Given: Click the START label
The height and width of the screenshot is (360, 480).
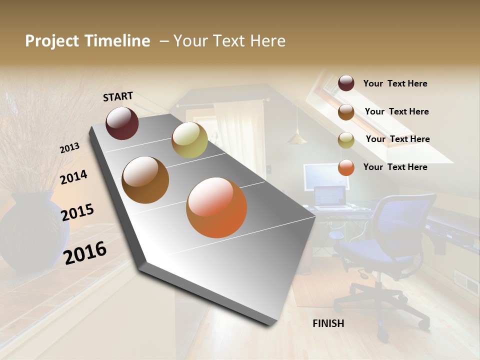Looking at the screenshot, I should point(118,96).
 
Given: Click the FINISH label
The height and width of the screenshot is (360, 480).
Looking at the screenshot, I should point(328,323).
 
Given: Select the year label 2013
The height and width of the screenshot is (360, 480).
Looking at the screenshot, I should point(69,148).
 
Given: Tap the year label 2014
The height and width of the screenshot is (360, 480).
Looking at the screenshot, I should point(73,177).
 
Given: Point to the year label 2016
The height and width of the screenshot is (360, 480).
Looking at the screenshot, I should point(85,252).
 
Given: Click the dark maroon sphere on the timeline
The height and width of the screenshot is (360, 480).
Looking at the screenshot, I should point(122,123).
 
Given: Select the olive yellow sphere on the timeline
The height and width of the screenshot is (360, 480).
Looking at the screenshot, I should point(189,140).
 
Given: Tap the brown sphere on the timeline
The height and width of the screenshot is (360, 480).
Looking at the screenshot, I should point(145,180).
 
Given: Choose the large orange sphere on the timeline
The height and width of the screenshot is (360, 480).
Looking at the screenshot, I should point(216,207).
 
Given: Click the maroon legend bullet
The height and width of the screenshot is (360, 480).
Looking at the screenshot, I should point(346,83).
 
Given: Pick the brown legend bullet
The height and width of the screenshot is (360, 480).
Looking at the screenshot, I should point(346,112).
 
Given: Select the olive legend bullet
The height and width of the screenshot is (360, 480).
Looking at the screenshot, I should point(346,140).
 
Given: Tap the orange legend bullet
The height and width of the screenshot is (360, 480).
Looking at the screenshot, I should point(346,167).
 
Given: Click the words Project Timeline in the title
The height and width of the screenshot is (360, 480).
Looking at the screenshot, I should point(87,41).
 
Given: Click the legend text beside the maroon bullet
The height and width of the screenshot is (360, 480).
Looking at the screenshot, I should point(395,83).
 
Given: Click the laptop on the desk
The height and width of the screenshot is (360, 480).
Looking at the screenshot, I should point(330,197).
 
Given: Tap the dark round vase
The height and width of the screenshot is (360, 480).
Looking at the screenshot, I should point(33,232).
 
